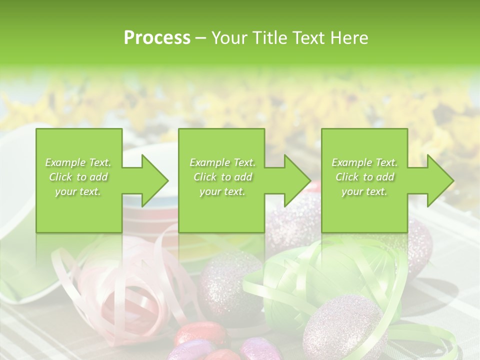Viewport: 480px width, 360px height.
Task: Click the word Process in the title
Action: point(157,38)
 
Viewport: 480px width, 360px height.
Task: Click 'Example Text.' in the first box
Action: point(78,162)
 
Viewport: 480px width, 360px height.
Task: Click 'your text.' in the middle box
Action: point(222,191)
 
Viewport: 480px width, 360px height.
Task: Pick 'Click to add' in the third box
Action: point(364,177)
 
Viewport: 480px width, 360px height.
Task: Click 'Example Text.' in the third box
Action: point(364,162)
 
